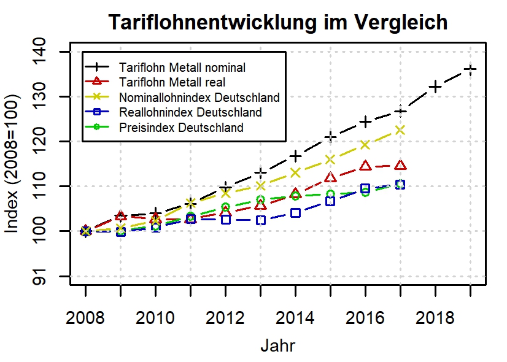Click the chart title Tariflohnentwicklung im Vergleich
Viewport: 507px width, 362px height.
click(278, 23)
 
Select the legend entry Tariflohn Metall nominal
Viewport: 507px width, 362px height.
click(183, 66)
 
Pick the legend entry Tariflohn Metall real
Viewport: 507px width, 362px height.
click(172, 82)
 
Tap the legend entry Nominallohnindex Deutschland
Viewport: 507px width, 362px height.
click(199, 97)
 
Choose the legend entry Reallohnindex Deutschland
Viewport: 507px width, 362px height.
click(191, 112)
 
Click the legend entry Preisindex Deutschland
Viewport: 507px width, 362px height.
click(182, 128)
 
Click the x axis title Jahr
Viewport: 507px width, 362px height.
click(278, 345)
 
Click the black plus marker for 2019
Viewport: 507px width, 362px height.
click(470, 69)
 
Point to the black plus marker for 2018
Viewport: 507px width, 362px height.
click(435, 87)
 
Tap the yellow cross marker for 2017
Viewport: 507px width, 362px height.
click(400, 130)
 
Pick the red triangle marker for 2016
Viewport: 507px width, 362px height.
click(365, 166)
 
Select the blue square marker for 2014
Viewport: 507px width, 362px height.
click(295, 213)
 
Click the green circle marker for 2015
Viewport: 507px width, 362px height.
click(330, 194)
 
